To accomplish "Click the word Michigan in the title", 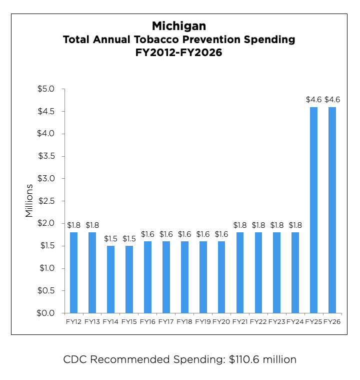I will point(179,26).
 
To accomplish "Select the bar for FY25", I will point(313,210).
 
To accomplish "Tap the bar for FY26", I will point(332,210).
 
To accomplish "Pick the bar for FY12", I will point(73,272).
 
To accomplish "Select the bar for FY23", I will point(276,272).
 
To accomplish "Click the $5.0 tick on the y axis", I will point(48,89).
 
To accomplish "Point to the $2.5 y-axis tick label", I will point(48,201).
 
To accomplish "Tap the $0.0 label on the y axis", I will point(48,313).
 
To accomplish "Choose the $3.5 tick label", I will point(48,156).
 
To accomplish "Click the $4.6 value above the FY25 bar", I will point(313,100).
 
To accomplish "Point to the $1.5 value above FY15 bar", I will point(129,238).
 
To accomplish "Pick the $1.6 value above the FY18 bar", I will point(184,234).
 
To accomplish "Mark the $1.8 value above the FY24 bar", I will point(295,225).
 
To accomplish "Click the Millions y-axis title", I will point(29,201).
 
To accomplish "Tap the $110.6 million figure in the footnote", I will point(259,359).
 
